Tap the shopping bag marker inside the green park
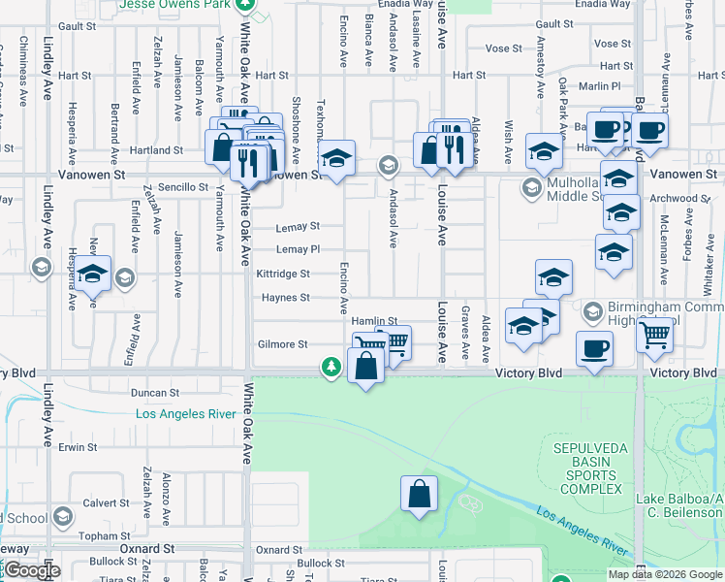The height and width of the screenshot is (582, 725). pos(418,495)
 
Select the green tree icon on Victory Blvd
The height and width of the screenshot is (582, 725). pos(331,367)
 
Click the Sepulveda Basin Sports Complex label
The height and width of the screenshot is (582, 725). pos(586,469)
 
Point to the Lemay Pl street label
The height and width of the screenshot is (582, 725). pos(298,250)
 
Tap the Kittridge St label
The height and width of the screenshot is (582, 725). pos(282,275)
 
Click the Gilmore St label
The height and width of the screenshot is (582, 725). pos(282,344)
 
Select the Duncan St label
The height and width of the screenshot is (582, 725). pos(155,394)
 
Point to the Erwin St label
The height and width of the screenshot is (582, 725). pos(79,448)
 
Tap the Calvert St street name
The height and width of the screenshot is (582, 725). pos(106,503)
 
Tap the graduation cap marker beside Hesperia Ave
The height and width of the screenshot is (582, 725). pos(94,276)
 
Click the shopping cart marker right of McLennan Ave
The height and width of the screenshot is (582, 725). pos(656,337)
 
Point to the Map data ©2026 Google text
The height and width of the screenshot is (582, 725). pos(664,574)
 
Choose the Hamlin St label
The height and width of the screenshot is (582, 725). pos(374,321)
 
